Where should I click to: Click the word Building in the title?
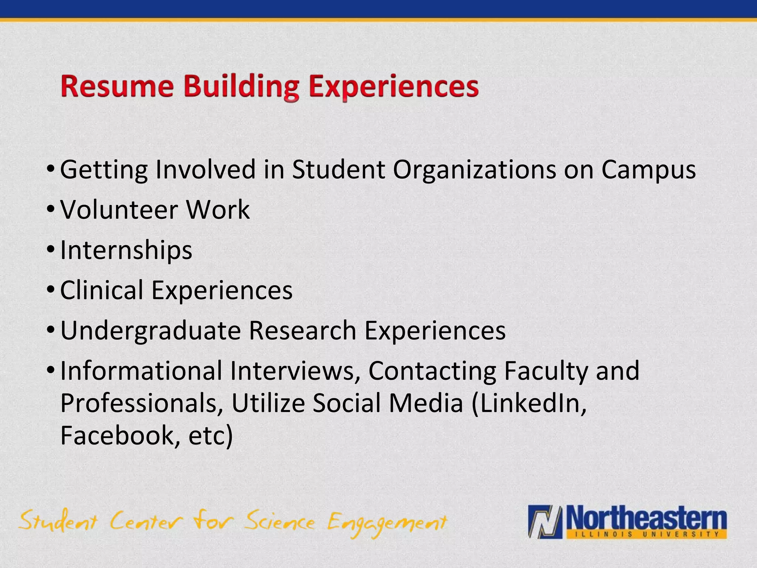241,87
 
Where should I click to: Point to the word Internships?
126,250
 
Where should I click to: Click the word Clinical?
102,290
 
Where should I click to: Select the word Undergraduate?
150,331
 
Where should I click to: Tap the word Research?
302,330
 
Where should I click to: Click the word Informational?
141,371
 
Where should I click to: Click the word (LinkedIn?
529,403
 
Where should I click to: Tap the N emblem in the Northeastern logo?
545,522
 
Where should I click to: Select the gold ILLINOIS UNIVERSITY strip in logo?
645,534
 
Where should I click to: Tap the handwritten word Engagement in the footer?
387,524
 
